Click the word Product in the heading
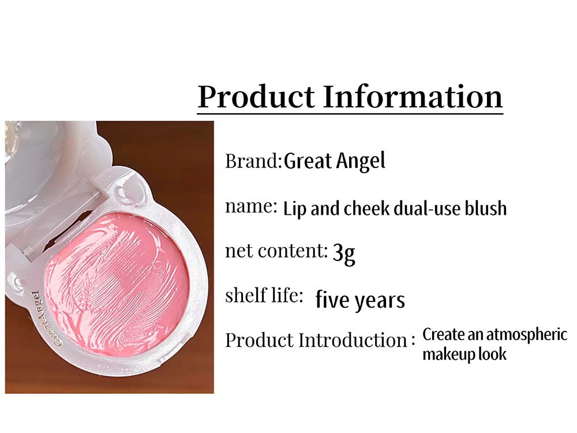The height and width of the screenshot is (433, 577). (x=257, y=96)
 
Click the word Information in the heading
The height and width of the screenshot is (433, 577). (x=413, y=96)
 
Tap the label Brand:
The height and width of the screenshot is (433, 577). (x=253, y=161)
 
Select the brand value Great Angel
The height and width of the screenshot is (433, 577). (x=335, y=161)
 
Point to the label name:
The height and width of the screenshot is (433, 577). (x=251, y=207)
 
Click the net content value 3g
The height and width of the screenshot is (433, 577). (x=344, y=253)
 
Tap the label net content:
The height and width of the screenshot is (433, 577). (x=276, y=251)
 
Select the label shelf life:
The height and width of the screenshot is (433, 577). (x=264, y=295)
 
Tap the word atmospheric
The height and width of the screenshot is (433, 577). (x=527, y=335)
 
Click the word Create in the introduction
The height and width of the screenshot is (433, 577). (x=443, y=335)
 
